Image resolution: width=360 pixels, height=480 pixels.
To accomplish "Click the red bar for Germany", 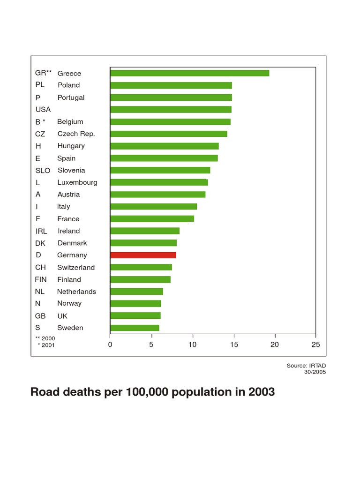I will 143,255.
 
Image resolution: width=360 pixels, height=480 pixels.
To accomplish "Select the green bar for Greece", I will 189,73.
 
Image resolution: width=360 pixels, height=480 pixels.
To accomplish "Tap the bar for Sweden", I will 135,328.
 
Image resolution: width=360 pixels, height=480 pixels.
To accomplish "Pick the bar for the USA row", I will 171,109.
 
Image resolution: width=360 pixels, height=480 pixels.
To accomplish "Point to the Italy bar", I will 153,206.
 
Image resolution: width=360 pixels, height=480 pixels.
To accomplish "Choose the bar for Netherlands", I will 136,292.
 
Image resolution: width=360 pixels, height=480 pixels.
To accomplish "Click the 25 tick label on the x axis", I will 315,345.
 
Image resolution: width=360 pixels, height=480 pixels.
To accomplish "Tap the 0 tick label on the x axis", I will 110,345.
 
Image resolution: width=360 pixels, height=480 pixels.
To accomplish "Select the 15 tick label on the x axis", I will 233,345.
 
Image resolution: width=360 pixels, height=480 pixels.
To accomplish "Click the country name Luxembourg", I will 77,182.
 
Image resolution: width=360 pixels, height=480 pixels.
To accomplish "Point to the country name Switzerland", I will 76,267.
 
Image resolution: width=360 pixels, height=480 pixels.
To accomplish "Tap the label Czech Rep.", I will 76,134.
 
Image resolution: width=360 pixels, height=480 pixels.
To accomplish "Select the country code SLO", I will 43,171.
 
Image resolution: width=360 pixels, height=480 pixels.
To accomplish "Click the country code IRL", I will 41,231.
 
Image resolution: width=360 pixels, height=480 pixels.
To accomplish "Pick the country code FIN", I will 41,279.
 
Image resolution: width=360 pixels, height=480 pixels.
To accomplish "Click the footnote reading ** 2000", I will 45,338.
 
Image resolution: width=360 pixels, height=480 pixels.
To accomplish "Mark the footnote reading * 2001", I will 46,345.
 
